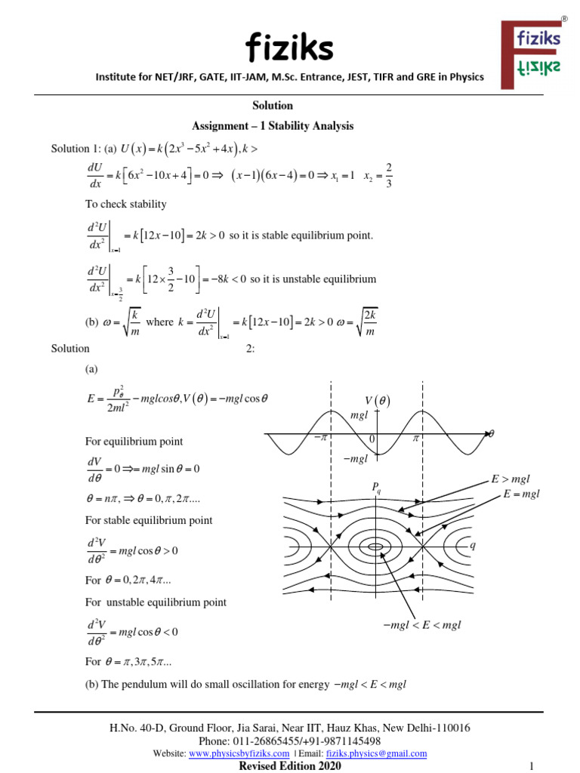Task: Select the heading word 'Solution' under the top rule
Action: click(x=273, y=106)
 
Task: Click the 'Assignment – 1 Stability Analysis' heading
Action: click(x=273, y=126)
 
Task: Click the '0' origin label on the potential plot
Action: click(x=372, y=439)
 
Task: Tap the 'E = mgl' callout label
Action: click(x=522, y=494)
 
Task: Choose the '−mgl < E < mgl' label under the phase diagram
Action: click(x=422, y=625)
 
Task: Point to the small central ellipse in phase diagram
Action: click(x=375, y=546)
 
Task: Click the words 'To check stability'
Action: click(x=125, y=204)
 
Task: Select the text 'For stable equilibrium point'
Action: click(x=149, y=520)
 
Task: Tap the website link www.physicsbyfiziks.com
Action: click(x=239, y=753)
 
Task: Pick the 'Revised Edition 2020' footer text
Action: click(x=290, y=766)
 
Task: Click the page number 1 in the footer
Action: click(x=532, y=766)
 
